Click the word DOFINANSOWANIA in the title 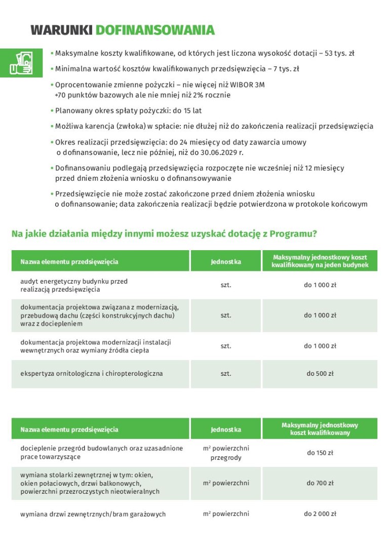[155, 30]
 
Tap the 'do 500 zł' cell [320, 374]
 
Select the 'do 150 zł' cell [320, 453]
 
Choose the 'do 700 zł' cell [320, 483]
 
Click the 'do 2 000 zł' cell [320, 514]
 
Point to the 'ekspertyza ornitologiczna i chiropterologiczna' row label [92, 374]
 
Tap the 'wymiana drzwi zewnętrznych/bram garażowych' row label [93, 514]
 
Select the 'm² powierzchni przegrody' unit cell [226, 453]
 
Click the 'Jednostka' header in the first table [226, 262]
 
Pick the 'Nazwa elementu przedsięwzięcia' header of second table [69, 429]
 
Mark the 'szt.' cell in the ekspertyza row [226, 374]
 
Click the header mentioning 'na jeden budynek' [320, 261]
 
